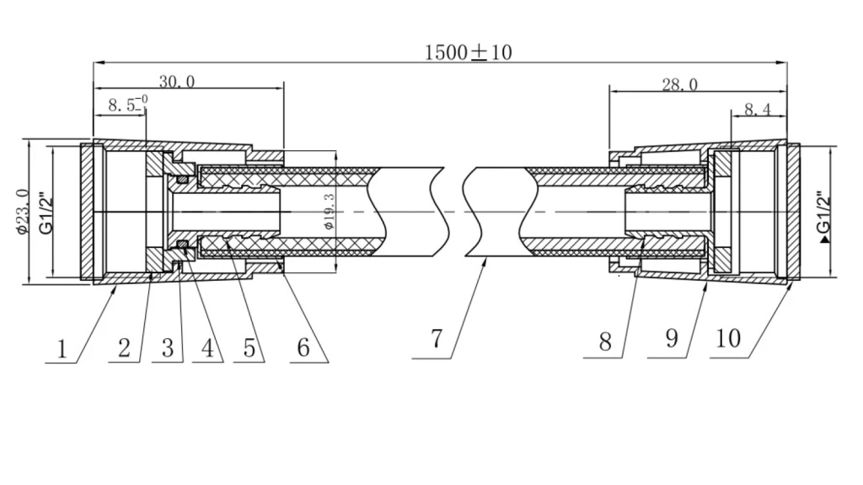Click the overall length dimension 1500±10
469,52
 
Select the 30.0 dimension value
177,82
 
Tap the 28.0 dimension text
680,84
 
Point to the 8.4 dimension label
758,110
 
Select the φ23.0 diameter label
23,212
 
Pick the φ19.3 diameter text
330,212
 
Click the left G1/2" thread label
46,213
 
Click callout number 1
62,349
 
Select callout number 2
125,348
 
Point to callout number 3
168,348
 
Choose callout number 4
207,348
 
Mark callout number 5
249,348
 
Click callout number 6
303,348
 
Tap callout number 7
437,339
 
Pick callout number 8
605,342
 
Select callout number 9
672,338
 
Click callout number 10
728,338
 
